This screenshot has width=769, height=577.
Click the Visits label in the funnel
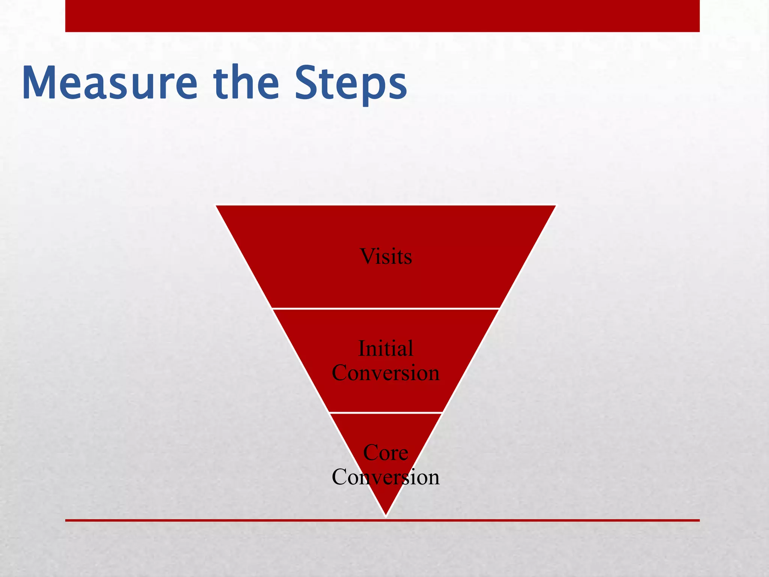[x=386, y=257]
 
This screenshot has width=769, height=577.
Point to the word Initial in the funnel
[x=386, y=348]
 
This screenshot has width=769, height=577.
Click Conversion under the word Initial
[x=386, y=373]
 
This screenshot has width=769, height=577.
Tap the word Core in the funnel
[x=386, y=453]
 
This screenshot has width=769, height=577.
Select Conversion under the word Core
[x=386, y=477]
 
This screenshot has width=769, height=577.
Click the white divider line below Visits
[x=386, y=309]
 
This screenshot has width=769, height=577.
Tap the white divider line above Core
[x=386, y=412]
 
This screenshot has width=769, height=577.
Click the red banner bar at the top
[x=382, y=16]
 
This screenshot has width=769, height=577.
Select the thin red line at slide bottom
[x=225, y=520]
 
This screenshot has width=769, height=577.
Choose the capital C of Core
[x=371, y=453]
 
